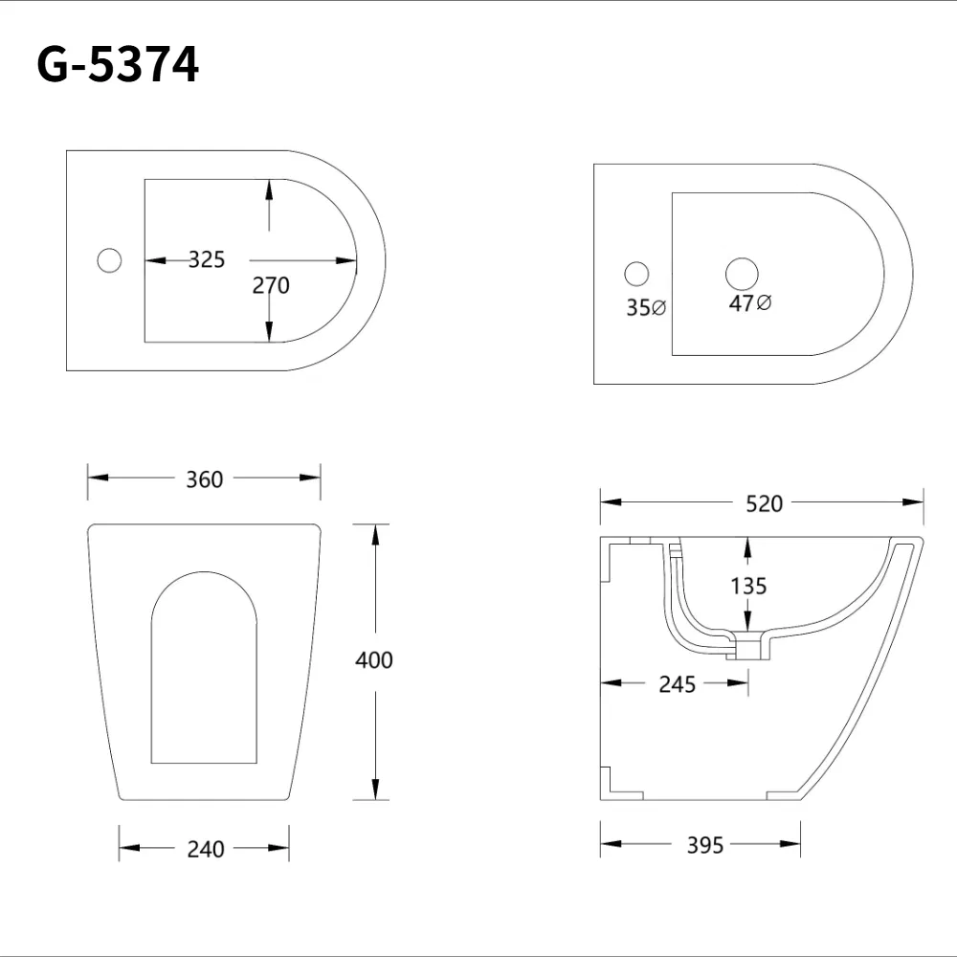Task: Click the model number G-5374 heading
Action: pos(118,65)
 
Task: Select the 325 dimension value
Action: pos(206,259)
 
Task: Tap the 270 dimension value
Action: pos(270,284)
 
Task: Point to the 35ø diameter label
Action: pos(646,307)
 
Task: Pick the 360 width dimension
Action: pos(204,478)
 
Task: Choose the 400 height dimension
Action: pos(373,659)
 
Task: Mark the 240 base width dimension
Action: pos(206,848)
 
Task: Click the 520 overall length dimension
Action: pos(764,503)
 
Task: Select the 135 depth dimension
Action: pos(747,585)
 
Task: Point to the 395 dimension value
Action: pos(705,845)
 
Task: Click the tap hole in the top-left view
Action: pos(110,259)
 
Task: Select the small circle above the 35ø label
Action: pos(636,274)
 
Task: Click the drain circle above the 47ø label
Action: pos(742,274)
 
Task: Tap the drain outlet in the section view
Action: pos(746,650)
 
